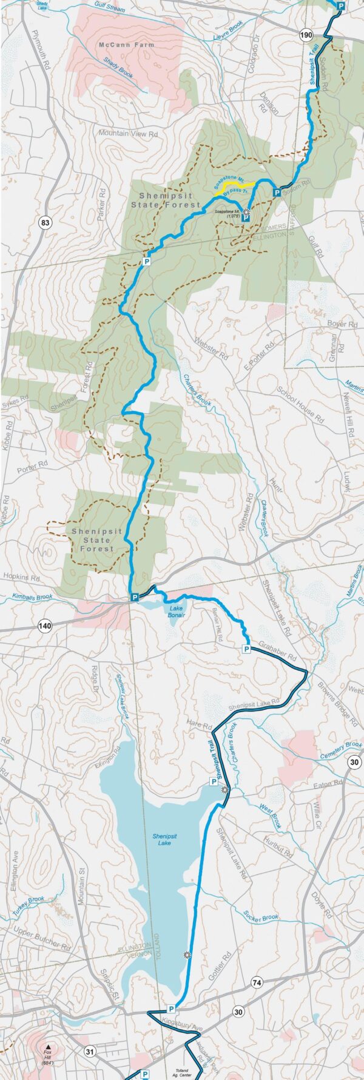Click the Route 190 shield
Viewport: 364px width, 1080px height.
pos(306,37)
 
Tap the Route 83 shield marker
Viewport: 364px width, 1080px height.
pos(44,224)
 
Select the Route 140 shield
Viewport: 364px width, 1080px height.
pos(44,625)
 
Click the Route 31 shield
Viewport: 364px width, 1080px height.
pos(90,1051)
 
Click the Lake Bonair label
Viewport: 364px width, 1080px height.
pos(175,613)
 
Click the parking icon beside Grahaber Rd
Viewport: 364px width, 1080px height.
pos(247,649)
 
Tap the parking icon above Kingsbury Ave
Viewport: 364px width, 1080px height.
pos(171,1009)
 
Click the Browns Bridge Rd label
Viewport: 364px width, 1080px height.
pos(337,704)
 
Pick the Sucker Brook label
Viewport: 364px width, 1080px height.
pos(261,919)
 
